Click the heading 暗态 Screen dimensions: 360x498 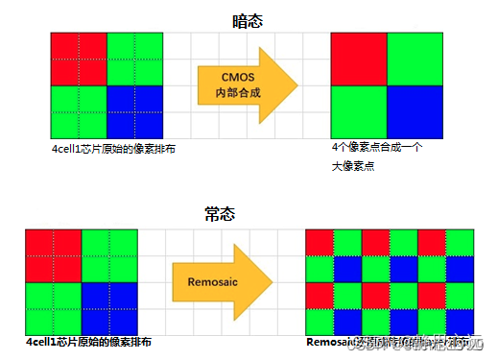coord(248,19)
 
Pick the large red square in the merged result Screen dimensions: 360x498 coord(359,60)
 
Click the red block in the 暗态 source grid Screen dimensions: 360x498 coord(78,59)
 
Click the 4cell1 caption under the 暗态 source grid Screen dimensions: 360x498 coord(114,150)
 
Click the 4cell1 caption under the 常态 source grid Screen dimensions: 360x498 coord(88,341)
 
